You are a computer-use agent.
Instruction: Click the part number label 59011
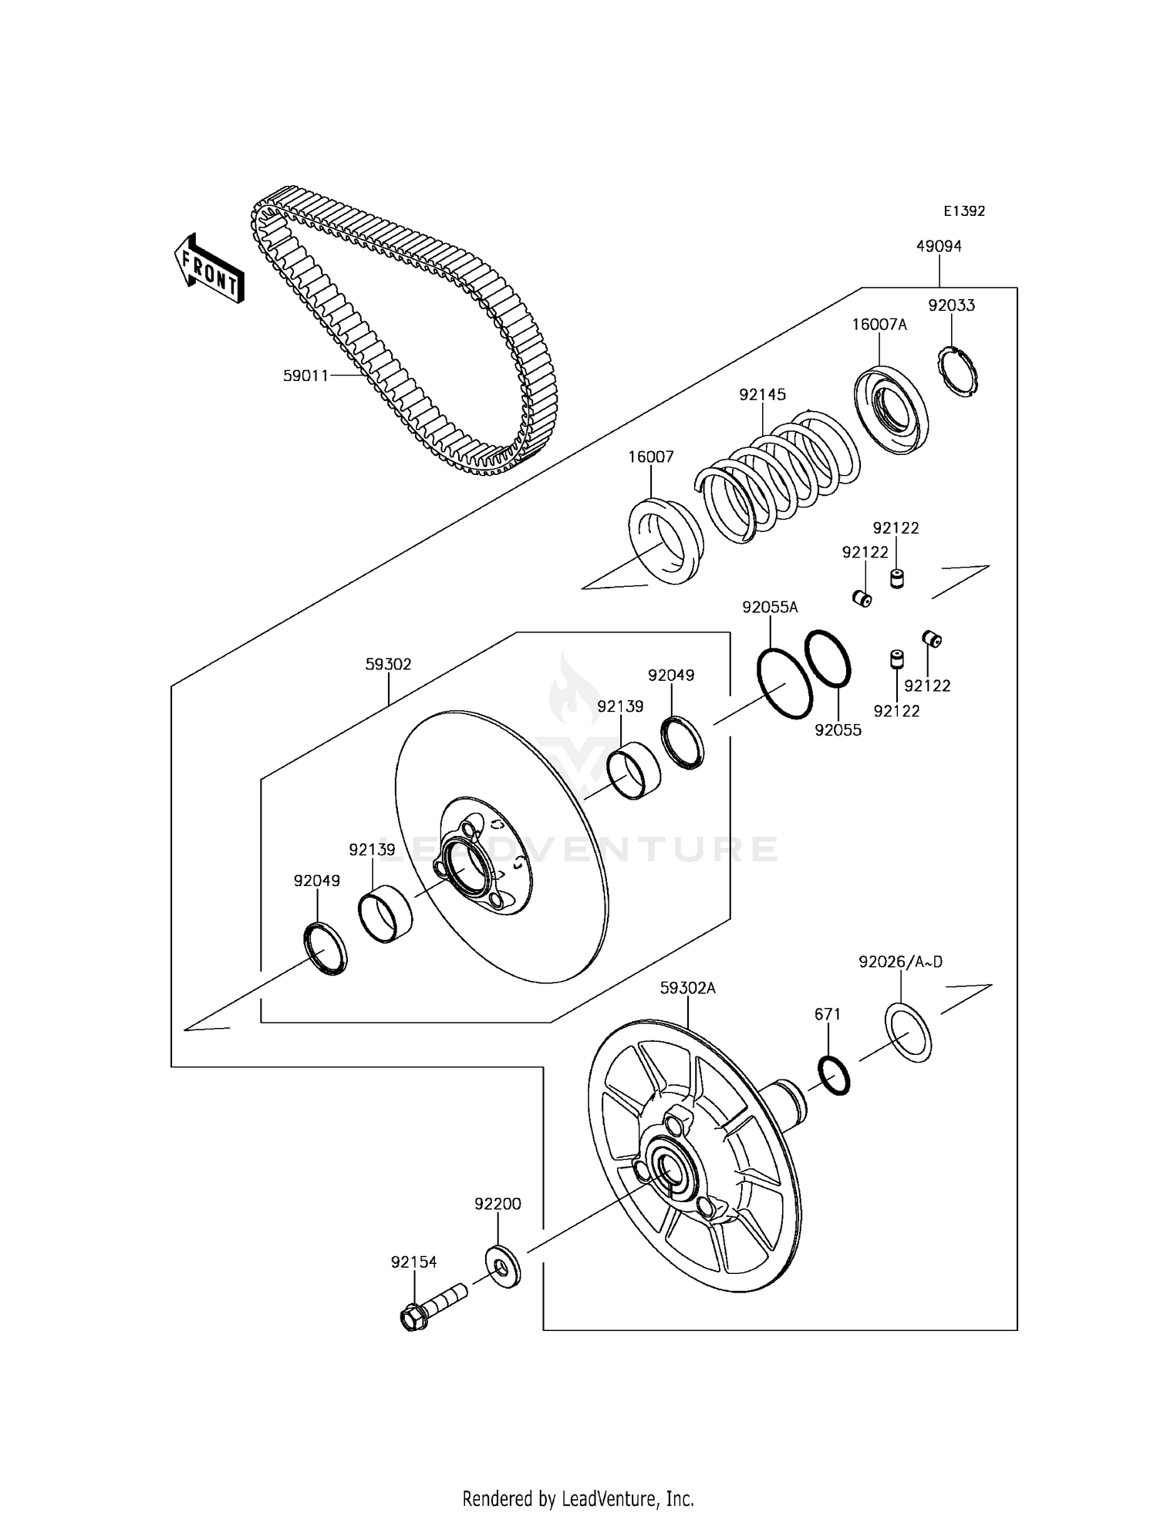[x=306, y=376]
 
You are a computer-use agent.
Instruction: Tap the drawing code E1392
[x=964, y=211]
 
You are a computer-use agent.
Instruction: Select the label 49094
[x=939, y=246]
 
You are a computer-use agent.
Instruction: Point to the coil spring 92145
[x=779, y=478]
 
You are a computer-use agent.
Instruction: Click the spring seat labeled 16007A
[x=891, y=409]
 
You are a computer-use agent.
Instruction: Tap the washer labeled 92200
[x=503, y=1265]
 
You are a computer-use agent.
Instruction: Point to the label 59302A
[x=687, y=988]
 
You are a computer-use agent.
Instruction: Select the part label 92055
[x=838, y=730]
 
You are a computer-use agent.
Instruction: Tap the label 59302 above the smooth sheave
[x=388, y=664]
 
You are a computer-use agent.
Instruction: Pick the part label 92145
[x=762, y=394]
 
